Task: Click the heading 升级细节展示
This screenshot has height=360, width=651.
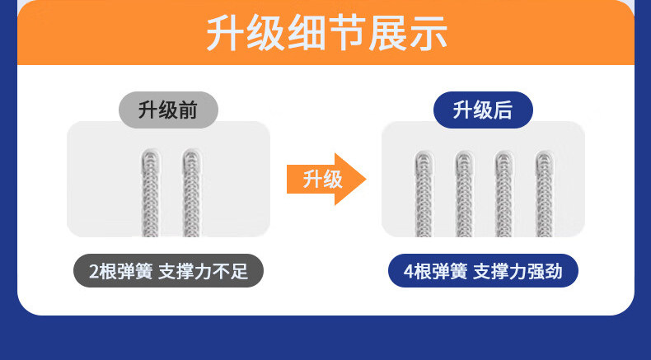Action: (x=326, y=33)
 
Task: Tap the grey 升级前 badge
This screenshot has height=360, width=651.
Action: (x=169, y=110)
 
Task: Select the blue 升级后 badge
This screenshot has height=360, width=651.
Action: (x=483, y=110)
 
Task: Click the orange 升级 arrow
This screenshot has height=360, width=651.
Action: (x=326, y=179)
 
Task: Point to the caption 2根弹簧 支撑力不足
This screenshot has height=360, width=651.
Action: (x=169, y=271)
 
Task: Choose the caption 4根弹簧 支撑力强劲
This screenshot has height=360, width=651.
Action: (x=483, y=271)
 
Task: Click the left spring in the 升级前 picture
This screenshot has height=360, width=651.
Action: (x=150, y=193)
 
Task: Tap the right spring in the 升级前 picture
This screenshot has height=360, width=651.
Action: (x=191, y=193)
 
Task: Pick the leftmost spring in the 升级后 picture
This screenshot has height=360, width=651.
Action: (x=424, y=194)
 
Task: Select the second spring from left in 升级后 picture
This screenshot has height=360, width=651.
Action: (x=464, y=194)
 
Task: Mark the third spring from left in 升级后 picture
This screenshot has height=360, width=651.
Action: (x=504, y=194)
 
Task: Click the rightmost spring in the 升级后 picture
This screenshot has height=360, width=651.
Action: (x=545, y=194)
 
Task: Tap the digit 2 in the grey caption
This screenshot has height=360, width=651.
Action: (x=94, y=272)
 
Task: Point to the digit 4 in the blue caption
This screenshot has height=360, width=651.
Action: (x=409, y=272)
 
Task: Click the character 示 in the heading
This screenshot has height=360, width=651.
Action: (x=429, y=33)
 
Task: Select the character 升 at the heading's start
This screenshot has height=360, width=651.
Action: (x=225, y=33)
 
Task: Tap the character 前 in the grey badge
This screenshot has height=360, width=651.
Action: (x=188, y=110)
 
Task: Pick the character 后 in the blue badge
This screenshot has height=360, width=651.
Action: (x=503, y=110)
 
